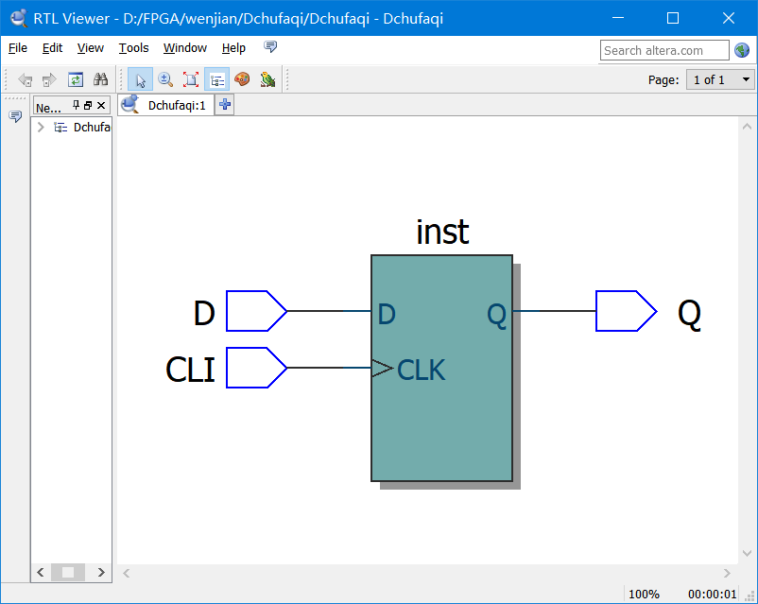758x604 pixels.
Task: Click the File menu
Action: click(x=18, y=48)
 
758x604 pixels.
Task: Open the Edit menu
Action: click(x=52, y=48)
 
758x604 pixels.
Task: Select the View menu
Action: click(x=91, y=48)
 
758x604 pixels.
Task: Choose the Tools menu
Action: click(x=133, y=48)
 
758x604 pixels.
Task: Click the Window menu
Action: click(x=184, y=48)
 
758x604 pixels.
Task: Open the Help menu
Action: click(x=233, y=48)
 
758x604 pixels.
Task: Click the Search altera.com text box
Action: click(x=664, y=50)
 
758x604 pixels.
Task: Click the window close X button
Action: click(x=727, y=18)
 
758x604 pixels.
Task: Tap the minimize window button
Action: click(x=620, y=18)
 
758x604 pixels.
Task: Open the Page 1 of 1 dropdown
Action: click(x=720, y=79)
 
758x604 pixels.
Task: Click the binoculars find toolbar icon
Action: click(x=100, y=80)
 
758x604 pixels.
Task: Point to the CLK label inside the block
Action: click(x=421, y=370)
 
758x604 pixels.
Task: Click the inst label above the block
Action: click(x=442, y=233)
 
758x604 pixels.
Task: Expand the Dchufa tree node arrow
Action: click(x=41, y=128)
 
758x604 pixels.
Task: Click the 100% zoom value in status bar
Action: click(x=644, y=594)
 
